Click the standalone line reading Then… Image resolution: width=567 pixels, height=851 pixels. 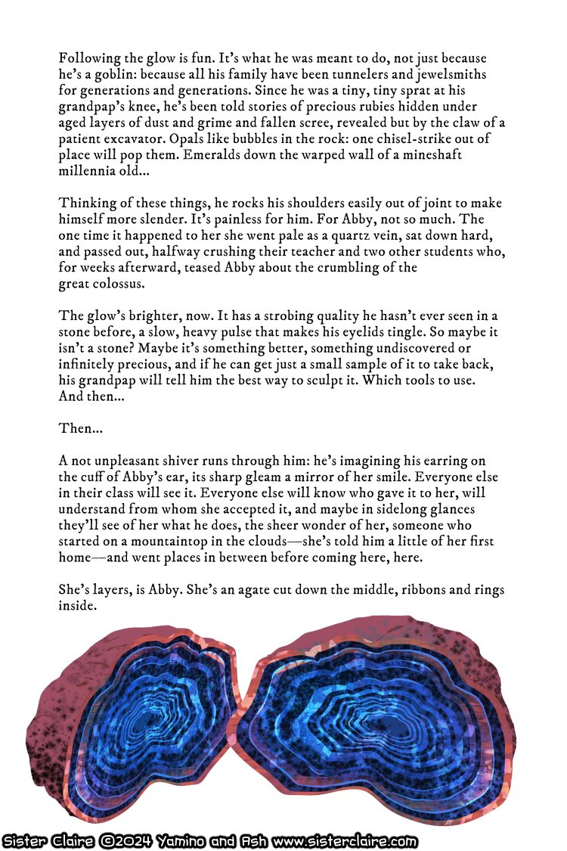coord(81,428)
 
